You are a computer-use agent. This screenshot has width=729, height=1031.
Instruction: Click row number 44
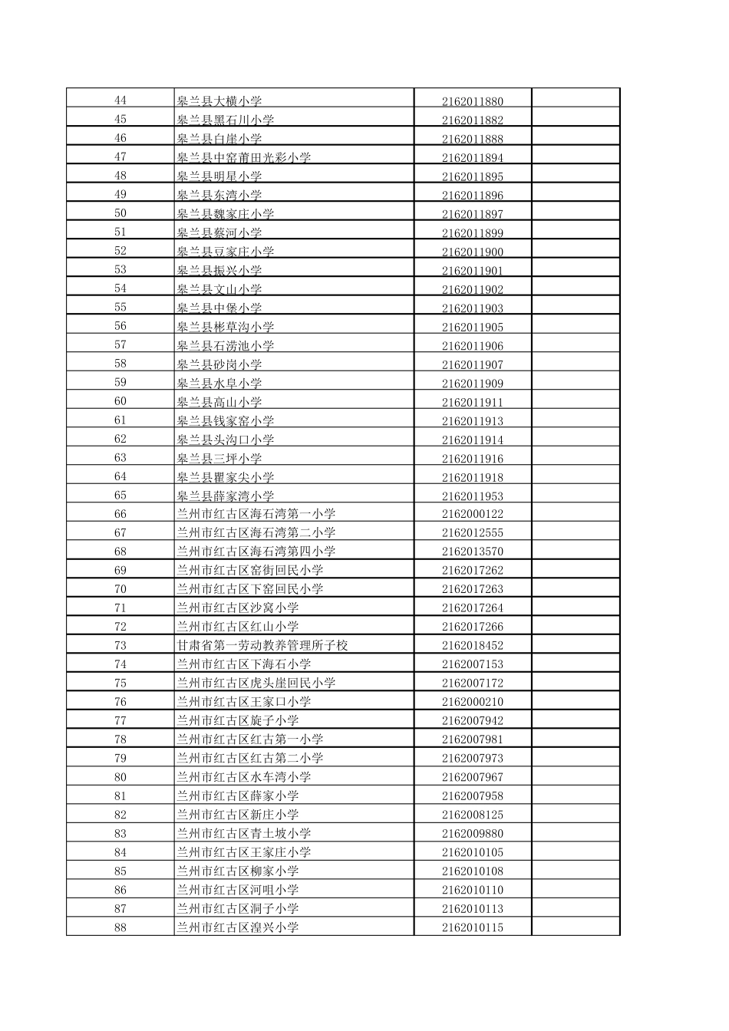[120, 100]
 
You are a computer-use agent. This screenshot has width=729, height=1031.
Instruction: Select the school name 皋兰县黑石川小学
[226, 120]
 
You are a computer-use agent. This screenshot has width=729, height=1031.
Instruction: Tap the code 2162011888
[472, 139]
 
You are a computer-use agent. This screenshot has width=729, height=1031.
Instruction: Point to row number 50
[120, 213]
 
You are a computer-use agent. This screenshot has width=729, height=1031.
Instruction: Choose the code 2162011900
[472, 252]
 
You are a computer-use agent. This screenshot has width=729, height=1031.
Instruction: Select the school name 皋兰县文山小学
[219, 289]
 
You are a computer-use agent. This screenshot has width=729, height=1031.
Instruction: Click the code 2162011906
[472, 346]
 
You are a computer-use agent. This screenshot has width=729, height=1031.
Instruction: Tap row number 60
[120, 401]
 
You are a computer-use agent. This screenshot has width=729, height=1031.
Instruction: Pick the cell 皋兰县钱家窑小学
[226, 421]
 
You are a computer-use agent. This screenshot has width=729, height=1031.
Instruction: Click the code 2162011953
[472, 496]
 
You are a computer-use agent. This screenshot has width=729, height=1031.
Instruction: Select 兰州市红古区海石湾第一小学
[256, 514]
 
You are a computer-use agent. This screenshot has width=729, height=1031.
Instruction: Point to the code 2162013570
[472, 552]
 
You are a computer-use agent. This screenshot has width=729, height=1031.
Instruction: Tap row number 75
[120, 683]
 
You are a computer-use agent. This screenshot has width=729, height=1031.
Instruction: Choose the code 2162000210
[472, 702]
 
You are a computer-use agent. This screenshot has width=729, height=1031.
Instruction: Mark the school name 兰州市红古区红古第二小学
[250, 758]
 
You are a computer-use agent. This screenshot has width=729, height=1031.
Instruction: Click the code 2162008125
[472, 815]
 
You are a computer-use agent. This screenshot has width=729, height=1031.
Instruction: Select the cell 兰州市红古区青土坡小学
[244, 833]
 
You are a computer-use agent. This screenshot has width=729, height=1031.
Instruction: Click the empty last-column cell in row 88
[576, 927]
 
